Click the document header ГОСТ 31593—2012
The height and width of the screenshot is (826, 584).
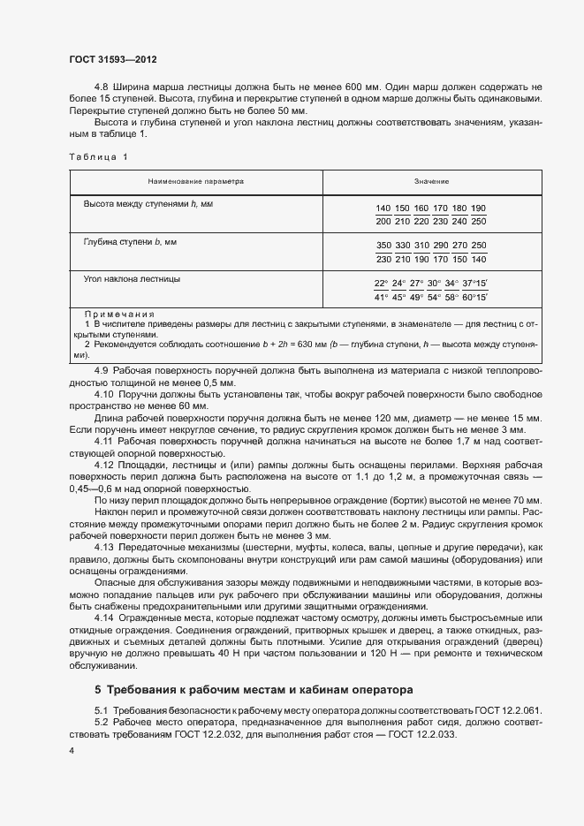(x=112, y=59)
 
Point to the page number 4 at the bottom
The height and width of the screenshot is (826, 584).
(x=72, y=750)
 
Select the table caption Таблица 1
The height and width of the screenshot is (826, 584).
(x=99, y=156)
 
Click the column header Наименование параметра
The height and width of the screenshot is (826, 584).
(x=196, y=181)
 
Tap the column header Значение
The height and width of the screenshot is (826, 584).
(x=431, y=181)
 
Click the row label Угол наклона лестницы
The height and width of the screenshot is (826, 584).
(x=132, y=279)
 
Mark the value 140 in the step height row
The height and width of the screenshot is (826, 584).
(x=383, y=208)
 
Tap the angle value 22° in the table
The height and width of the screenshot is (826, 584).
(x=382, y=284)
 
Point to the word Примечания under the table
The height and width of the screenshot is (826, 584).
(x=118, y=314)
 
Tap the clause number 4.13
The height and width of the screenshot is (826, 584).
(x=104, y=548)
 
